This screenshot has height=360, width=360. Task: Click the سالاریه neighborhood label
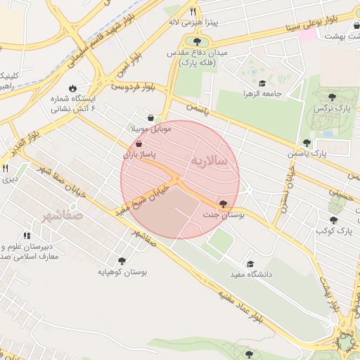tap(209, 161)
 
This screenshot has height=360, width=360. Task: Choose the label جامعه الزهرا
tap(262, 94)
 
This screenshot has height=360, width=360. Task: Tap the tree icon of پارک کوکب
tap(333, 220)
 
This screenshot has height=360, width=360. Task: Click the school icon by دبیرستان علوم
tap(27, 236)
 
